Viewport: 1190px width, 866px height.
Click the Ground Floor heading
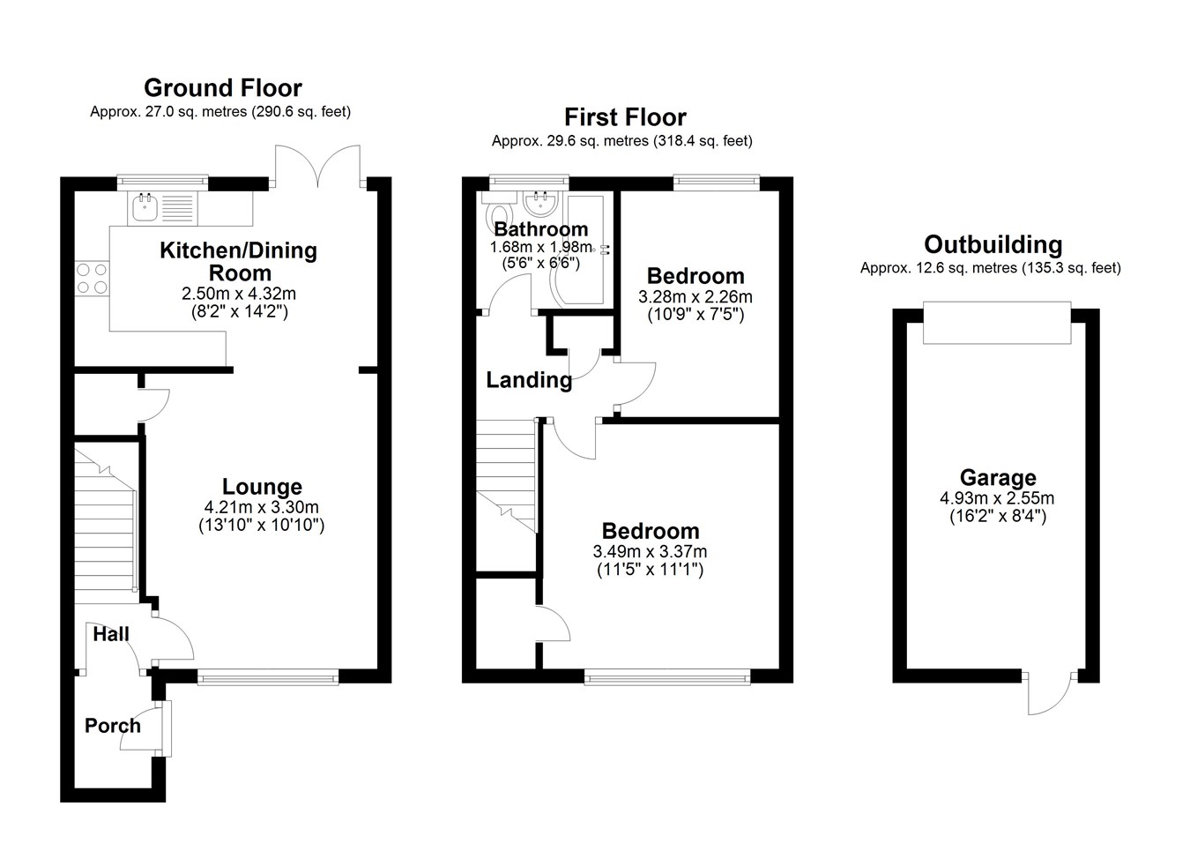pos(223,87)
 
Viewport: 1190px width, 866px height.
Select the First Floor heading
pos(625,117)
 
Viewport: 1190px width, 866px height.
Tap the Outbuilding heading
pos(993,244)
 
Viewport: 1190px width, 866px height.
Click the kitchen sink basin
pos(145,208)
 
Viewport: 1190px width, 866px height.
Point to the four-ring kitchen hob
pos(92,279)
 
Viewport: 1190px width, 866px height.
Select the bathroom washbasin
pos(541,204)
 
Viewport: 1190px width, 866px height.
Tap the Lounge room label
pos(262,487)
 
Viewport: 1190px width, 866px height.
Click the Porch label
pos(113,726)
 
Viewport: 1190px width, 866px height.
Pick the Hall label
pos(111,634)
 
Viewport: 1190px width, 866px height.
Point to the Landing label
pos(529,380)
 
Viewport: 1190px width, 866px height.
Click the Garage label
pos(998,477)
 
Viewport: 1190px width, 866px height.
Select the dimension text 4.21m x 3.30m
pos(262,507)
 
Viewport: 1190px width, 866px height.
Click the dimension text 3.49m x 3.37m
pos(651,551)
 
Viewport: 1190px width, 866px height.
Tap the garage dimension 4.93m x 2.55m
pos(997,498)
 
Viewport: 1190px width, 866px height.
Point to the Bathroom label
pos(541,229)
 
